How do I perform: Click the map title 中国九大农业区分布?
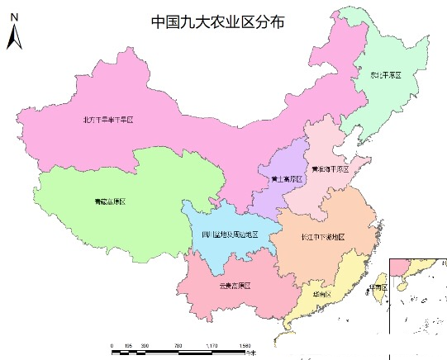point(218,22)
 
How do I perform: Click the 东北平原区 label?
point(385,75)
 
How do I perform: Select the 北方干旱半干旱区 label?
point(107,120)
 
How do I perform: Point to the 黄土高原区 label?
point(285,178)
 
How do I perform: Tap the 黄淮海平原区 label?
point(330,168)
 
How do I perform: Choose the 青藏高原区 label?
point(109,201)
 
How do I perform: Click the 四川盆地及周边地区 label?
point(230,234)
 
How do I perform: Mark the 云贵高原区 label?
point(235,286)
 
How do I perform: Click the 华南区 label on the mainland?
point(321,294)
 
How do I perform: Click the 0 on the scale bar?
point(112,345)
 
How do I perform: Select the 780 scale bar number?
point(178,345)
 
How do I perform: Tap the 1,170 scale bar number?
point(211,345)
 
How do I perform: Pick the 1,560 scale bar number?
point(244,345)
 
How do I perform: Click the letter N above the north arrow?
point(14,27)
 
